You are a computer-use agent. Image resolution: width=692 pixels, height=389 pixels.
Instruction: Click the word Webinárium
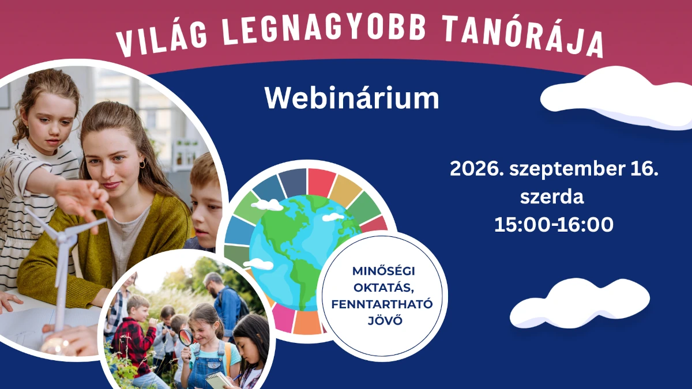tap(352, 98)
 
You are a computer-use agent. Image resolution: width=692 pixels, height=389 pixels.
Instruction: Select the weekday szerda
tap(552, 197)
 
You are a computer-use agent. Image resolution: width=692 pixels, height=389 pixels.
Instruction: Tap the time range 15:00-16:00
tap(554, 224)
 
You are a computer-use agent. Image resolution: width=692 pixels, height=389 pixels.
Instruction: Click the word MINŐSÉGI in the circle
tap(383, 271)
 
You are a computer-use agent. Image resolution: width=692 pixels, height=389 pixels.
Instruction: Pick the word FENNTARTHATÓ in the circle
tap(382, 304)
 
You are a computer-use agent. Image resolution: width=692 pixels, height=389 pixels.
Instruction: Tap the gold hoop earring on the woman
tap(142, 164)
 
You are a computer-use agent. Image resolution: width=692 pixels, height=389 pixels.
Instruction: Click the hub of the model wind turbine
tap(64, 237)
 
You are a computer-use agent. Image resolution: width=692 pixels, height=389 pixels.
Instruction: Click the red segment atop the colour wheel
tap(321, 182)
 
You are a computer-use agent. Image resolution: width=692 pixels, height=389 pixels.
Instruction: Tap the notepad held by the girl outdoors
tap(219, 380)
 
